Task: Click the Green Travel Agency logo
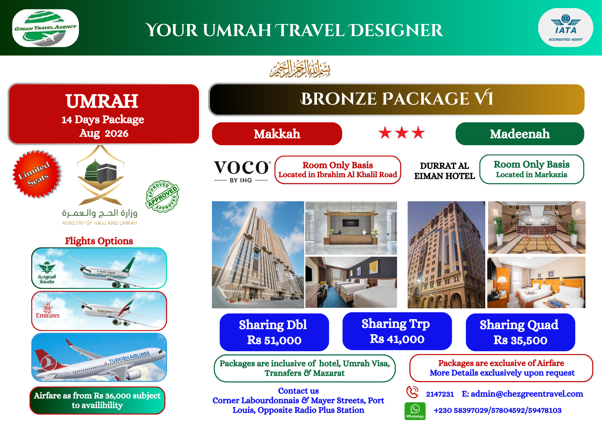tap(45, 28)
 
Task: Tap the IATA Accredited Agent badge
tap(565, 28)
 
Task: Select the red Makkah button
tap(277, 134)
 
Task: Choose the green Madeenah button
tap(520, 134)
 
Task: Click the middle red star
tap(402, 133)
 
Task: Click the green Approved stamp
tap(163, 197)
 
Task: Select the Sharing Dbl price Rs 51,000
tap(274, 340)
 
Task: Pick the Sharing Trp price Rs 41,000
tap(397, 339)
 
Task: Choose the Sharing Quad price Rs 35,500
tap(520, 340)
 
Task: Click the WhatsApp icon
tap(415, 411)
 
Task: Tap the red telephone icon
tap(412, 392)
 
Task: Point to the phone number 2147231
tap(440, 394)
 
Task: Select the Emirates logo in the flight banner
tap(48, 310)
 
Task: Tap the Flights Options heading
tap(99, 241)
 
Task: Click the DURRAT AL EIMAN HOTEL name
tap(445, 171)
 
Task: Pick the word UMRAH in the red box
tap(102, 101)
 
